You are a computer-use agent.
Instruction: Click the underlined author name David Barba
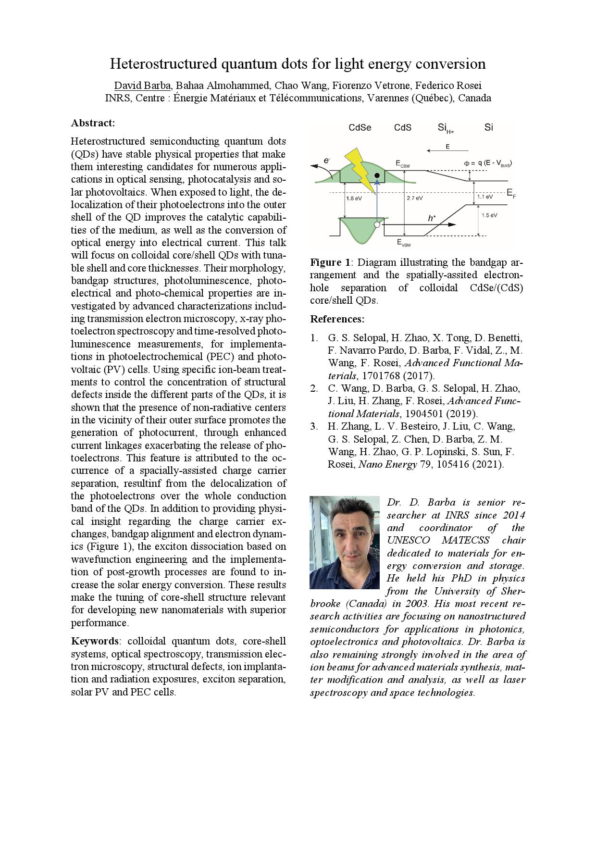click(142, 86)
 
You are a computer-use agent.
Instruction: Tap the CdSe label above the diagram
click(360, 128)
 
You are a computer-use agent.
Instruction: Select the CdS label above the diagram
click(403, 128)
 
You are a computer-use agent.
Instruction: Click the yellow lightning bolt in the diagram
click(361, 169)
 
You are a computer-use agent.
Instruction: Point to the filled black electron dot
click(378, 175)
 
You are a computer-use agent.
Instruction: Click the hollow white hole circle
click(377, 224)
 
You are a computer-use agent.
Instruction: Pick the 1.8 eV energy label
click(354, 198)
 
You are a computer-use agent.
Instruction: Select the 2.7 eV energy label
click(415, 198)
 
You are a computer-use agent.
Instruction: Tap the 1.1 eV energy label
click(484, 197)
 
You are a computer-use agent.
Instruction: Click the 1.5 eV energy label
click(489, 215)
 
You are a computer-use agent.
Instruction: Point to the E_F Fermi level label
click(511, 194)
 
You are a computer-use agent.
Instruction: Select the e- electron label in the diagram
click(327, 161)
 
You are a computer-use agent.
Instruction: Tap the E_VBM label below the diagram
click(404, 243)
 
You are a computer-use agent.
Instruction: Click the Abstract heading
click(93, 123)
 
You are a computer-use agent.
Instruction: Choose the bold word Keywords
click(94, 641)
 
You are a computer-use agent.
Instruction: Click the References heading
click(337, 319)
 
